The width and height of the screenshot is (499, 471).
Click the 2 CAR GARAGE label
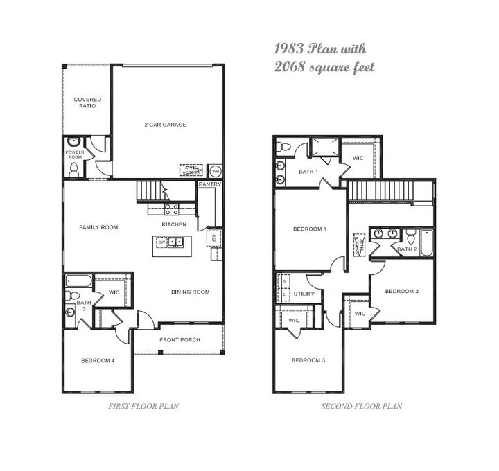point(165,125)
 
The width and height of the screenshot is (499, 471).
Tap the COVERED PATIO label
point(87,103)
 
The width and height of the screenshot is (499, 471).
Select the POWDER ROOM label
point(74,154)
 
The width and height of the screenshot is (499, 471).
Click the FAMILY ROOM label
point(98,227)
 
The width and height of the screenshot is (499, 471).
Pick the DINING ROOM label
point(190,292)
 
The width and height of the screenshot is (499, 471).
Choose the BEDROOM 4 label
point(98,360)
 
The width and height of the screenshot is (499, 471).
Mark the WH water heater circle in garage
point(215,170)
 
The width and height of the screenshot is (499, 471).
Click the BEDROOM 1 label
point(309,229)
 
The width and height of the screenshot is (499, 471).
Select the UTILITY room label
point(304,294)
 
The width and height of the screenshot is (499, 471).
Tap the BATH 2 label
point(407,248)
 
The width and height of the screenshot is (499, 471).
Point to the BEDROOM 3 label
point(308,360)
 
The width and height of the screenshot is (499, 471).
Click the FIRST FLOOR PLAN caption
point(144,407)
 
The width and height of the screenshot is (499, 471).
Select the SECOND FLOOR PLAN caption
point(361,407)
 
